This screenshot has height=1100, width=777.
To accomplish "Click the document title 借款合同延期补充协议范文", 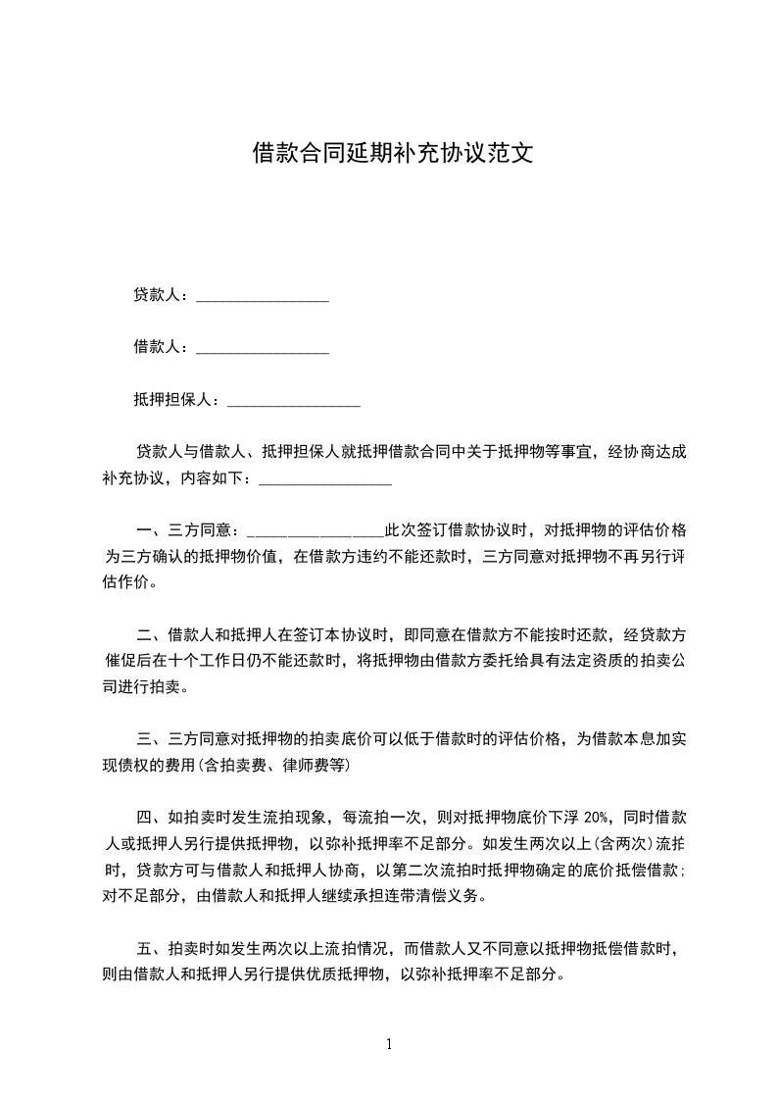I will tap(392, 153).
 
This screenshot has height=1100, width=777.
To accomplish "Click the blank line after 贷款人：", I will tap(262, 296).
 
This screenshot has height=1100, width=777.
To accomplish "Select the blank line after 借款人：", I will tap(262, 348).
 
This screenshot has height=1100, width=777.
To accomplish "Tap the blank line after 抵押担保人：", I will tap(293, 400).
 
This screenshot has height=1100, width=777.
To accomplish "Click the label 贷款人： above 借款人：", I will tap(163, 294).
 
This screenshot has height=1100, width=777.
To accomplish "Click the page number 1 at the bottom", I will tap(389, 1044).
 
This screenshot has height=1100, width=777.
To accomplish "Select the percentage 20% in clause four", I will tap(598, 817).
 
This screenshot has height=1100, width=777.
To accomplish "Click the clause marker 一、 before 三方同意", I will tap(152, 530).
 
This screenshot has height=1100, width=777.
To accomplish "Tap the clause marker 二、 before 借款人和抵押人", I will tap(152, 634).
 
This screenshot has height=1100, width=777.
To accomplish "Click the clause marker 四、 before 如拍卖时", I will tap(152, 817).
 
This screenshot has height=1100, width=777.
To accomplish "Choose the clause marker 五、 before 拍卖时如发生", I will tap(152, 948).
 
